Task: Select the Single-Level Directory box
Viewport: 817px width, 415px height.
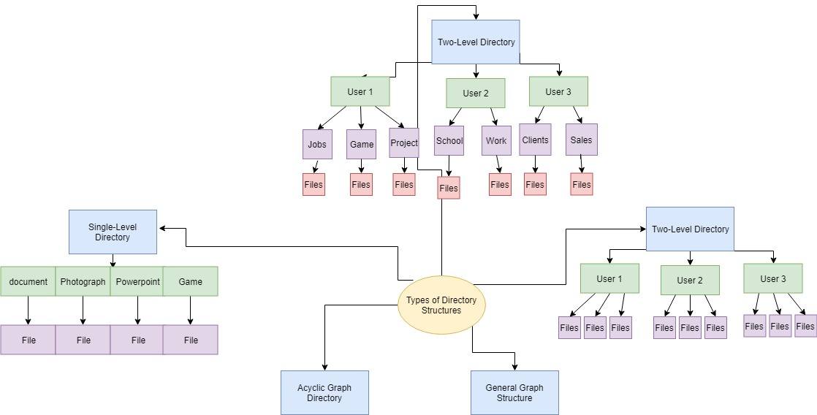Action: (x=113, y=232)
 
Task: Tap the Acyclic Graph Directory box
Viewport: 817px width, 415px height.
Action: (x=324, y=392)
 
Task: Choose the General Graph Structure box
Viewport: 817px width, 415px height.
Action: (x=514, y=392)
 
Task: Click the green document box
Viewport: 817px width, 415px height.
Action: (x=28, y=281)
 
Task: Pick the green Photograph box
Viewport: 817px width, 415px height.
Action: (x=83, y=281)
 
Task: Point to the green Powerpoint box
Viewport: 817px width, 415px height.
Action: (x=137, y=281)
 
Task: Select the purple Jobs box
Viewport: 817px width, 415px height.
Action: (x=317, y=144)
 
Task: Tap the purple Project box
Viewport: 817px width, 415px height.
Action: (x=404, y=143)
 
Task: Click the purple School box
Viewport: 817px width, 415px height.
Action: (x=449, y=140)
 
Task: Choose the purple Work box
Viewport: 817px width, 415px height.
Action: (x=496, y=140)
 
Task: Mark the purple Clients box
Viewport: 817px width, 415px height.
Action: (x=536, y=140)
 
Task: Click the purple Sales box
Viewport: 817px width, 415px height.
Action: (x=582, y=140)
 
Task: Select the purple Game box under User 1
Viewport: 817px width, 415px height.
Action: (x=361, y=144)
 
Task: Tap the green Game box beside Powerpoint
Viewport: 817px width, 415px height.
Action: (x=191, y=281)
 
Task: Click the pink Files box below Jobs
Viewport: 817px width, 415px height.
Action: (x=313, y=184)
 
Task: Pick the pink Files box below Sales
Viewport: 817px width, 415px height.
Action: (x=582, y=184)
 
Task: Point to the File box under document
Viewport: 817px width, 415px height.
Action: (x=28, y=340)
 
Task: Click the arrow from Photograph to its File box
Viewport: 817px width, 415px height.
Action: (x=83, y=311)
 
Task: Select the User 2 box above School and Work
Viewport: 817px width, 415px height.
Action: (x=476, y=93)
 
